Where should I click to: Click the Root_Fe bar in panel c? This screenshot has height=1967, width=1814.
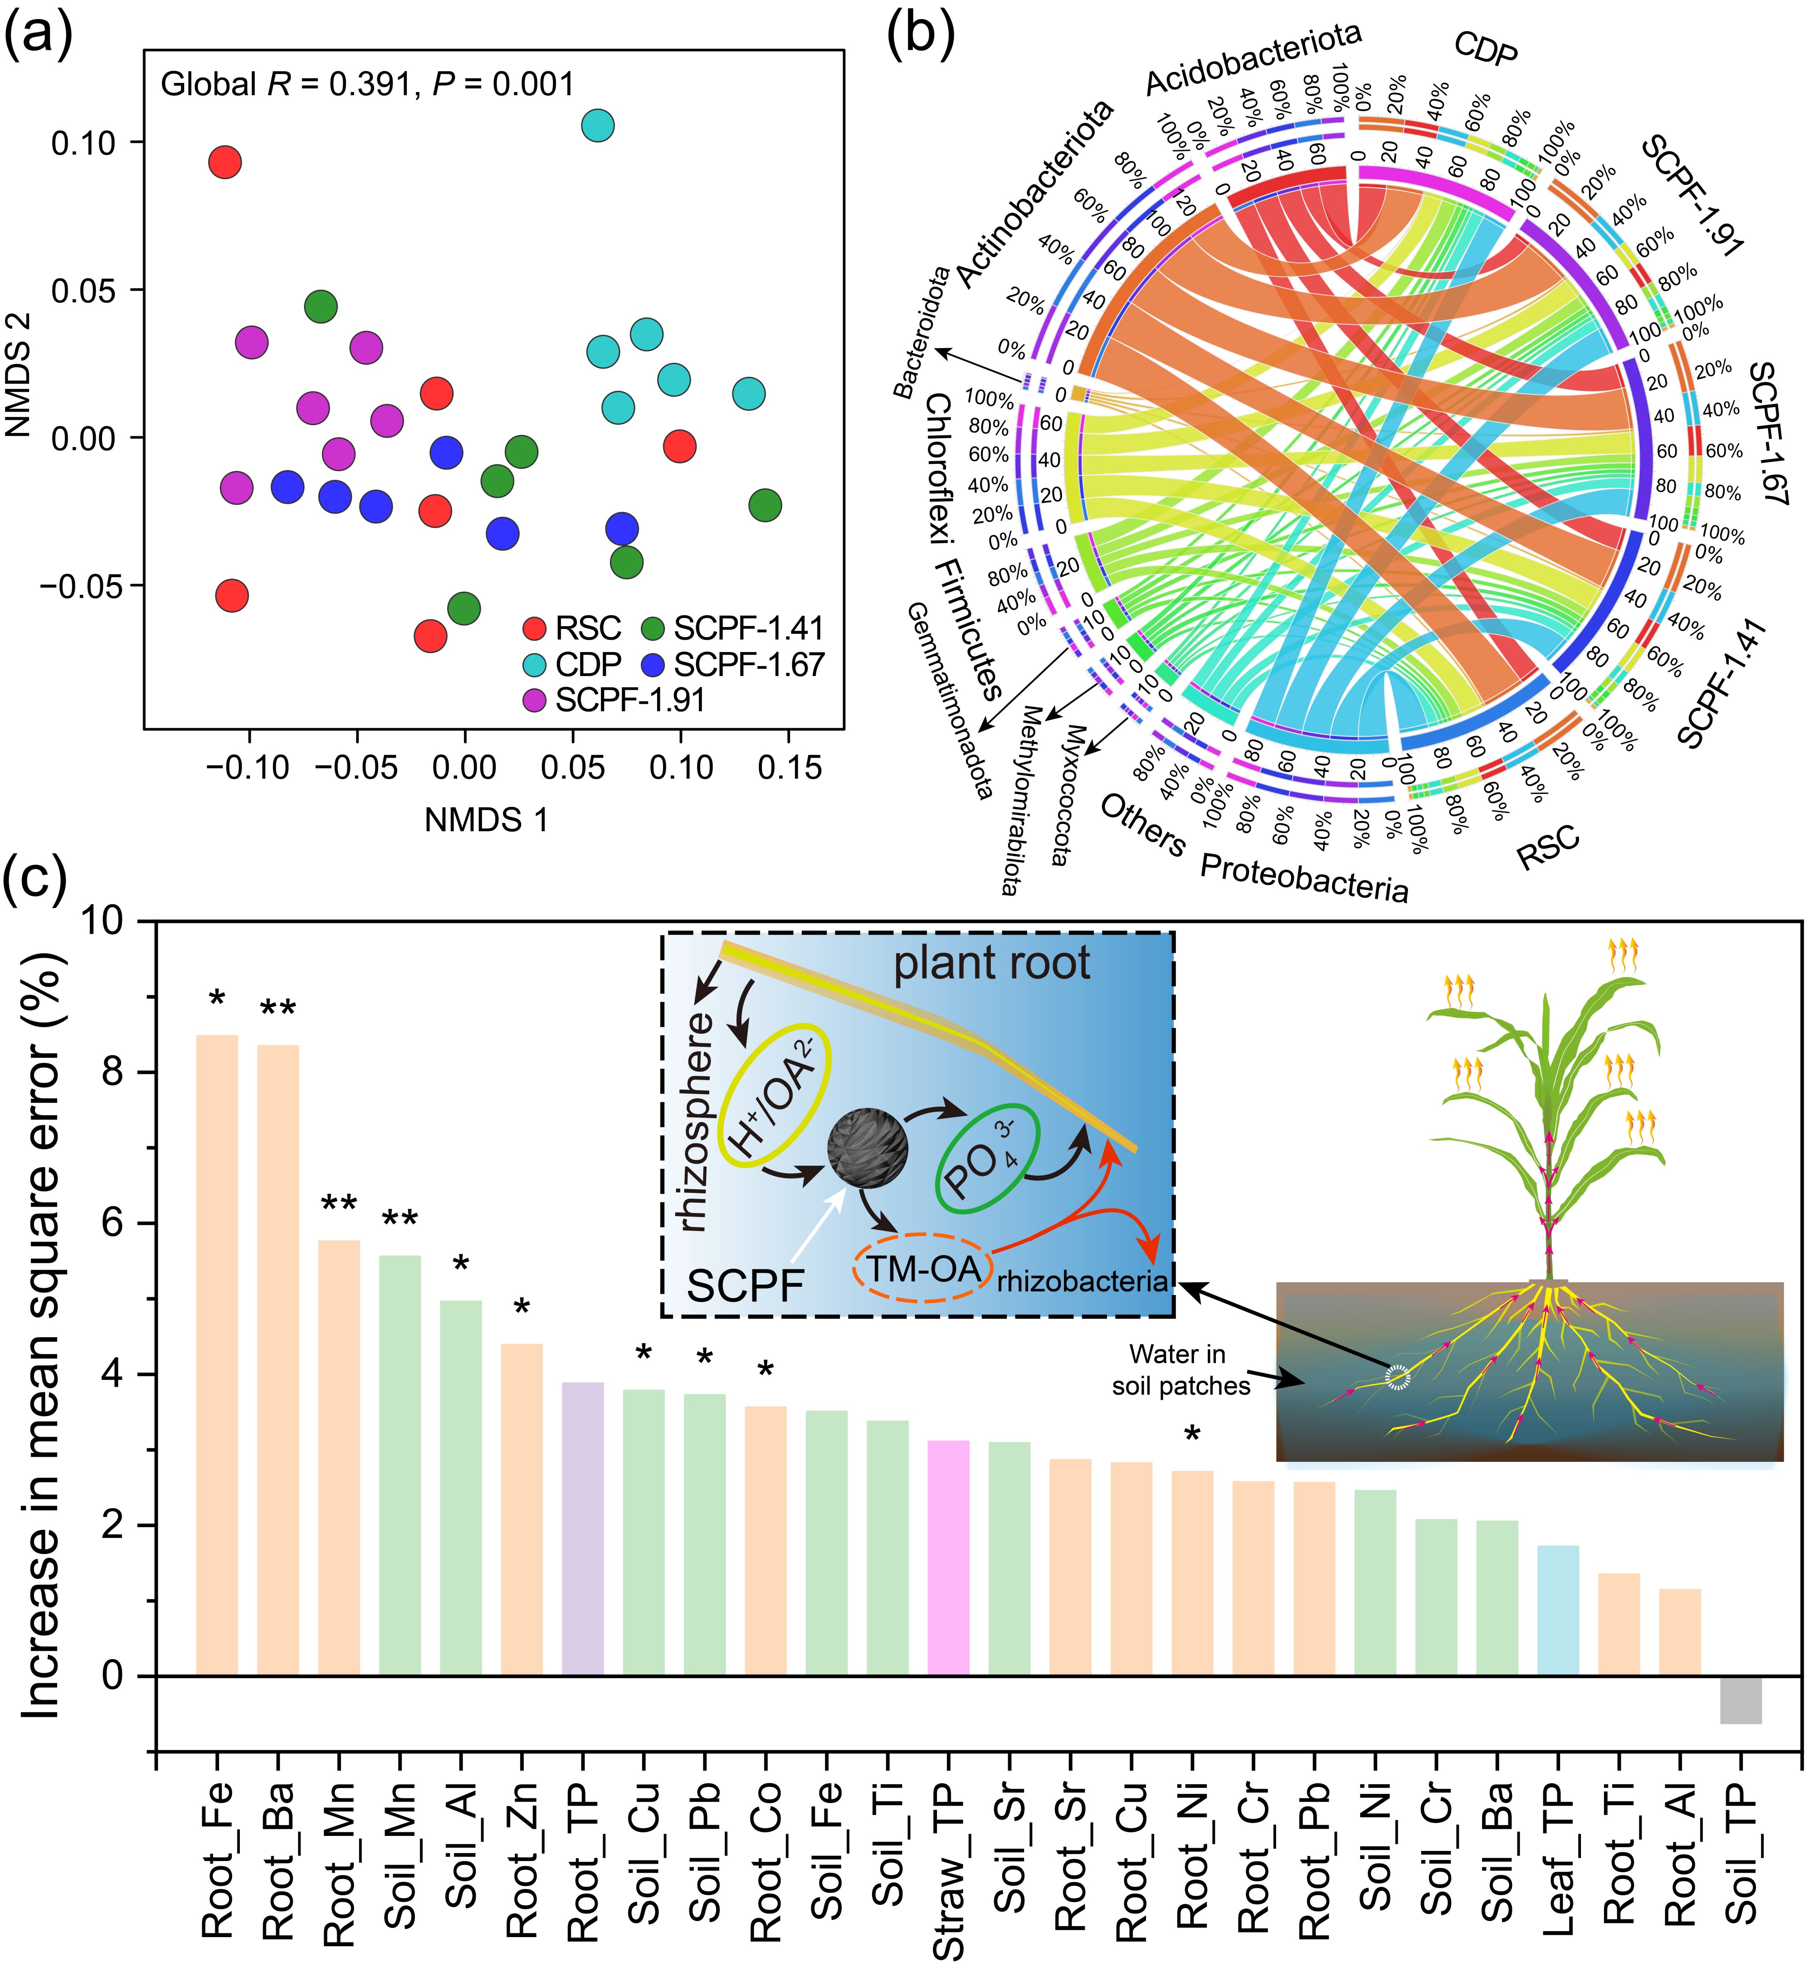point(217,1354)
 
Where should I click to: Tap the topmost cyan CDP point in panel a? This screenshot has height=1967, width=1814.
point(598,126)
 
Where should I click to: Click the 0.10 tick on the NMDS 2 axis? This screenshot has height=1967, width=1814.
point(83,142)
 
